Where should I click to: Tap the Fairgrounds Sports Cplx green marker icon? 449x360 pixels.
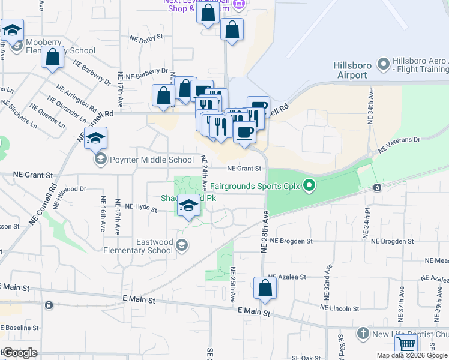(x=309, y=185)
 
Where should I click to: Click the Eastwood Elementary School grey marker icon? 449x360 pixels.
(x=182, y=245)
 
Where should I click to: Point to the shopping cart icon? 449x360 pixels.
(x=406, y=345)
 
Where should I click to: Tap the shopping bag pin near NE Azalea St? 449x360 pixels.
(x=265, y=289)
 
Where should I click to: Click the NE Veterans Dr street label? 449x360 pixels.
(x=399, y=144)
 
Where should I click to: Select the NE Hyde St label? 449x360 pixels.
(x=141, y=208)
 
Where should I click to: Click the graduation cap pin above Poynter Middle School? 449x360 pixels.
(x=95, y=139)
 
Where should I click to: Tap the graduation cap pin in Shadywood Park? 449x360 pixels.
(x=189, y=206)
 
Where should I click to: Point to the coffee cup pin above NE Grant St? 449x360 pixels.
(x=244, y=132)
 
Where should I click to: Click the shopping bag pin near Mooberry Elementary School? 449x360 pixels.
(x=53, y=58)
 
